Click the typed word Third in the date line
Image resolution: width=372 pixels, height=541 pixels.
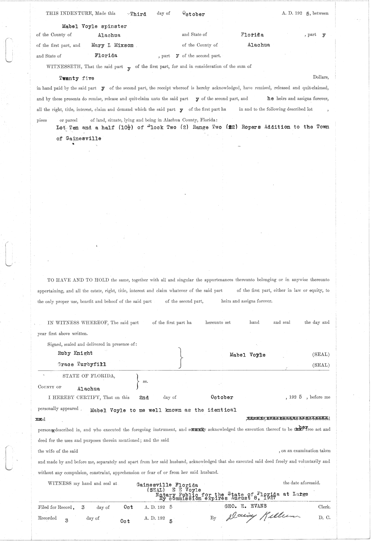[x=138, y=14]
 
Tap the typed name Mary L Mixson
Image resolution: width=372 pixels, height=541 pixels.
[x=113, y=45]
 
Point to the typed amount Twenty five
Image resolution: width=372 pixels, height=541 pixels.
[x=77, y=78]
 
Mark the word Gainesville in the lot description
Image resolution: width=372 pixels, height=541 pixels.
[x=83, y=139]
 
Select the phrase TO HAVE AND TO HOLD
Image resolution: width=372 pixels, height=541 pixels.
[x=78, y=280]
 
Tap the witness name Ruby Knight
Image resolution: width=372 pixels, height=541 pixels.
[x=75, y=353]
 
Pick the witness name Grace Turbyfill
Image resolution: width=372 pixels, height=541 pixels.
[x=82, y=364]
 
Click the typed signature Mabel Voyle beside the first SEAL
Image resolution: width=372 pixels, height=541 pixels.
[x=247, y=355]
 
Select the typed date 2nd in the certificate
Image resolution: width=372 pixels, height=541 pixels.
[x=144, y=397]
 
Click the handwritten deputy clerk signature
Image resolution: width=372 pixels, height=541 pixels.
[x=258, y=517]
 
